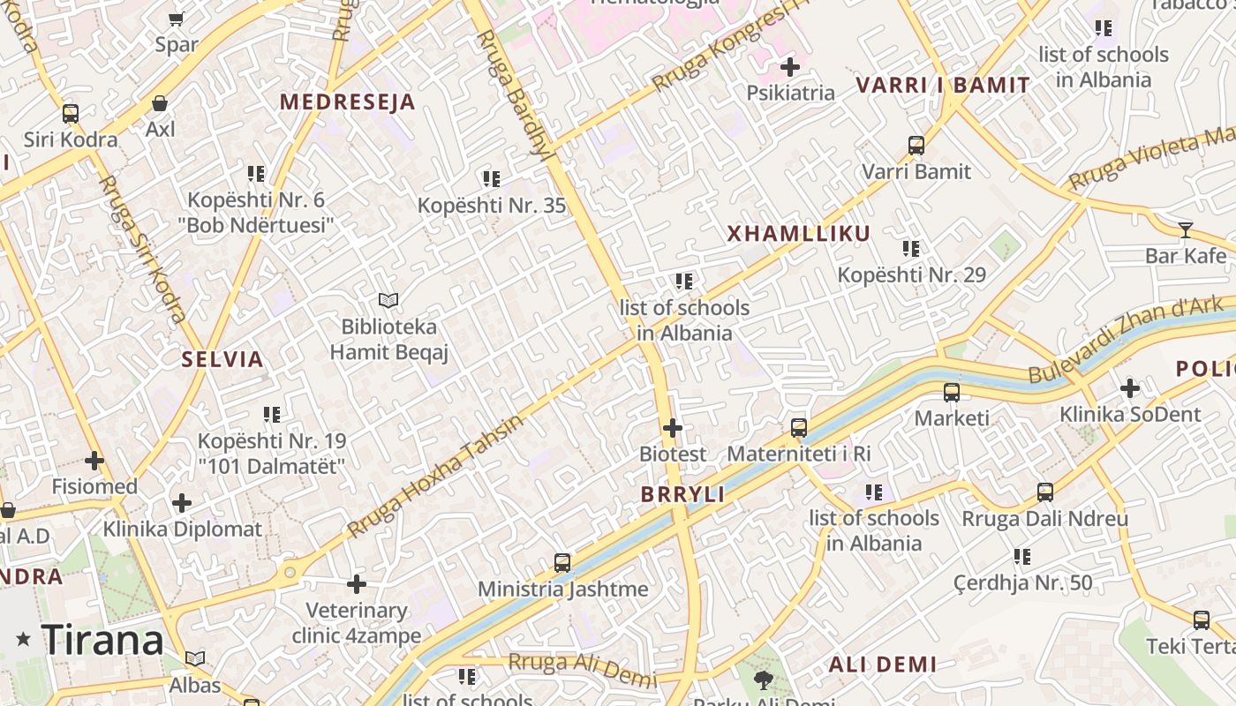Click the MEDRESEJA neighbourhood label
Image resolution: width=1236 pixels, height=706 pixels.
tap(347, 101)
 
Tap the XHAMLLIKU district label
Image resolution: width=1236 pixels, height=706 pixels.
tap(798, 234)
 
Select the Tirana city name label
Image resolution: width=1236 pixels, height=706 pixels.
tap(102, 640)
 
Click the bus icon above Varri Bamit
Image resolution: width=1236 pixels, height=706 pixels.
tap(916, 146)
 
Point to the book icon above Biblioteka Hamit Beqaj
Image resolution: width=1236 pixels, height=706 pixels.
tap(388, 301)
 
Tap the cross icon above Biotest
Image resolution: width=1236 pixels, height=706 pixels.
tap(673, 429)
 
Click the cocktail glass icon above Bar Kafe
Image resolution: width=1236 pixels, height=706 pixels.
tap(1185, 230)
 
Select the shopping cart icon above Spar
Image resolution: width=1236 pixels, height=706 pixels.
tap(176, 19)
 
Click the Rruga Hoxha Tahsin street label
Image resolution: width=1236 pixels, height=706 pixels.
tap(434, 476)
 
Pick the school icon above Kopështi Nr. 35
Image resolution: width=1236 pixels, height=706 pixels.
tap(492, 180)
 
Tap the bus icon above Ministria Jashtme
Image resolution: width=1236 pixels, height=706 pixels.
tap(562, 562)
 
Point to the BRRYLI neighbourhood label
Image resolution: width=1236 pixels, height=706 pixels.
tap(682, 495)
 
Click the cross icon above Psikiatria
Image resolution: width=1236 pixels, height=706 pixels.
tap(790, 67)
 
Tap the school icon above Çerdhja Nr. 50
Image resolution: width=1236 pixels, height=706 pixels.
tap(1022, 557)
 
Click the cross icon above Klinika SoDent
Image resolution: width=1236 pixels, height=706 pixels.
tap(1130, 388)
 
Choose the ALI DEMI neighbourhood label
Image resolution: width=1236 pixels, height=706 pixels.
tap(882, 665)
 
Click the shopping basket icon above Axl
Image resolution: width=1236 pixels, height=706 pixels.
tap(160, 103)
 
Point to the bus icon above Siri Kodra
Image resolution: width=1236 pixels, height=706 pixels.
tap(71, 114)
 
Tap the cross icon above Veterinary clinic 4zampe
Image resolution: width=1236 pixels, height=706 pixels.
tap(357, 584)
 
